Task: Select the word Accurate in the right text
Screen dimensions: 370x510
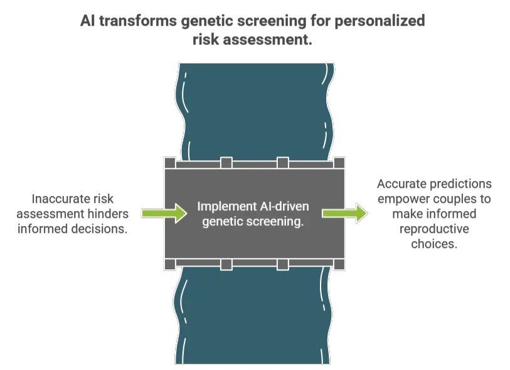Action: point(402,184)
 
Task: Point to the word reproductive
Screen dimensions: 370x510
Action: point(433,229)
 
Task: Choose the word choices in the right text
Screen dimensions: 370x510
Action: point(433,244)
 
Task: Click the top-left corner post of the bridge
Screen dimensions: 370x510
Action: point(169,163)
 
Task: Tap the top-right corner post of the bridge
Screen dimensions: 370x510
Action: point(339,163)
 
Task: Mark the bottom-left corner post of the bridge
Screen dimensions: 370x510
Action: point(169,264)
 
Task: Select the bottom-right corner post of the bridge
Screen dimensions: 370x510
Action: point(339,264)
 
